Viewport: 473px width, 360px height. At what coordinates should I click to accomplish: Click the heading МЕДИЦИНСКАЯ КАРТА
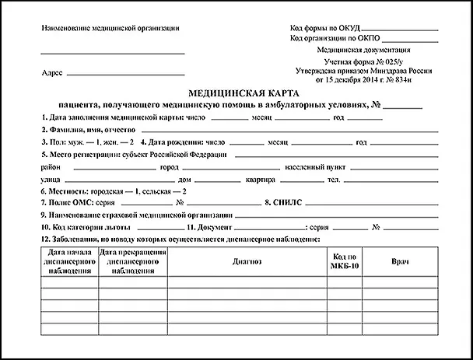coord(236,92)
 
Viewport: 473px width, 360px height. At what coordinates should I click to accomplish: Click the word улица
coord(51,180)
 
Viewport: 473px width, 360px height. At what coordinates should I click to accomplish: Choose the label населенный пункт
coord(306,167)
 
